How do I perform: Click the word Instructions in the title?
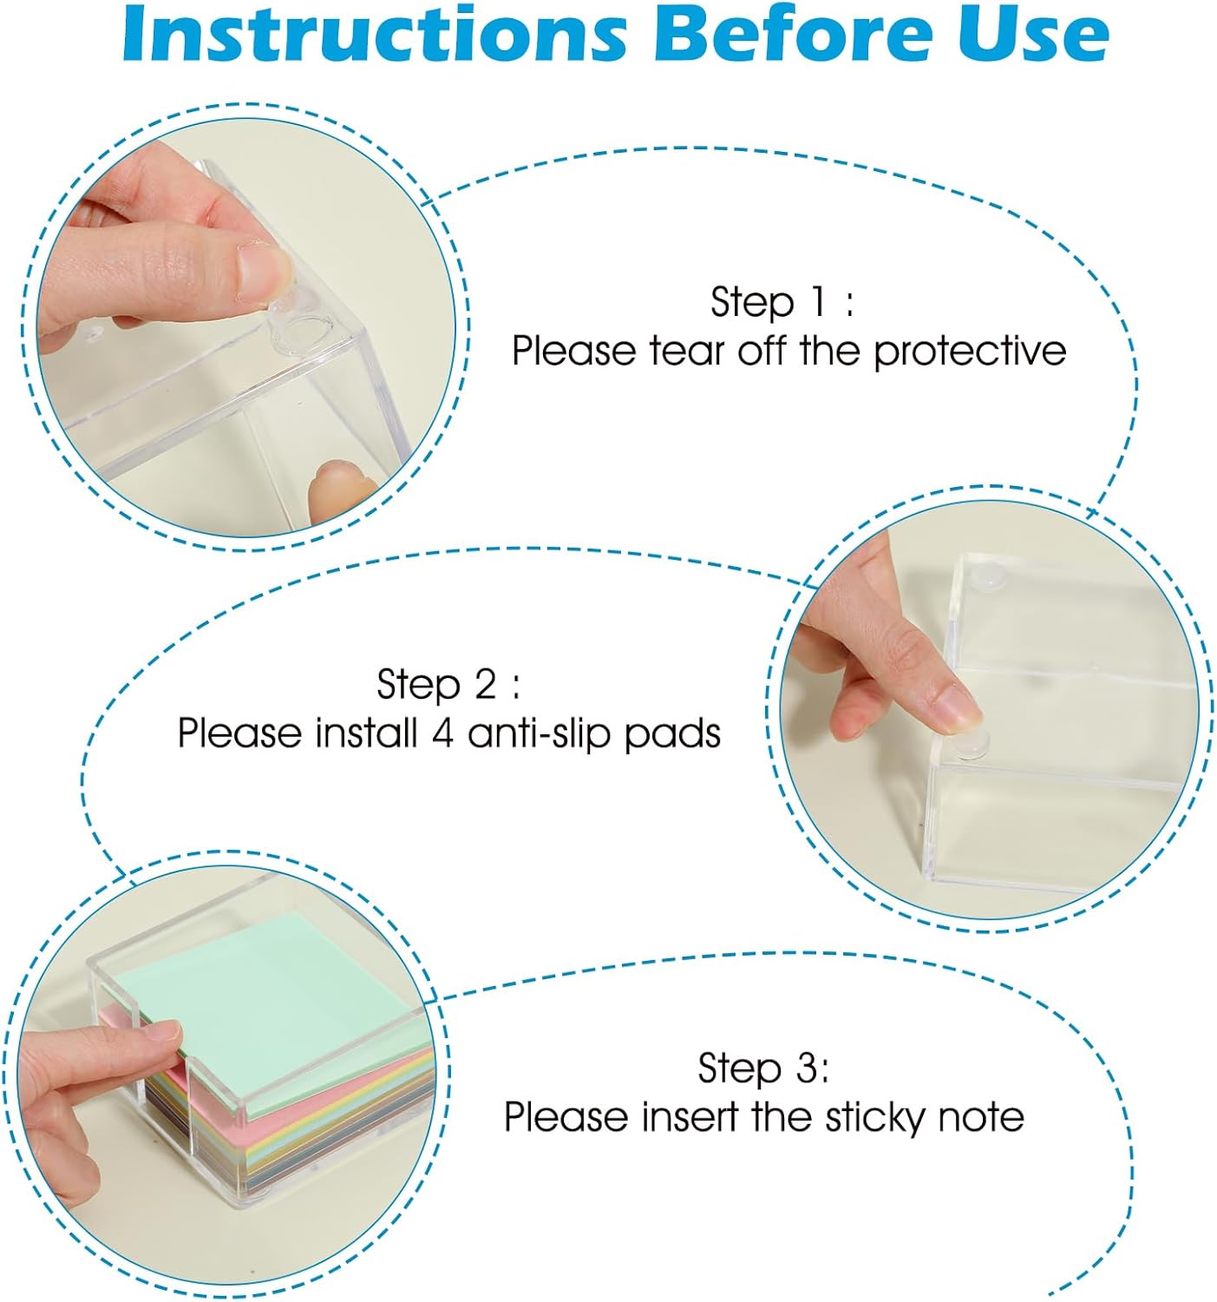click(374, 35)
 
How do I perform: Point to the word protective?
click(969, 352)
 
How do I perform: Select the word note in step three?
click(984, 1117)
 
